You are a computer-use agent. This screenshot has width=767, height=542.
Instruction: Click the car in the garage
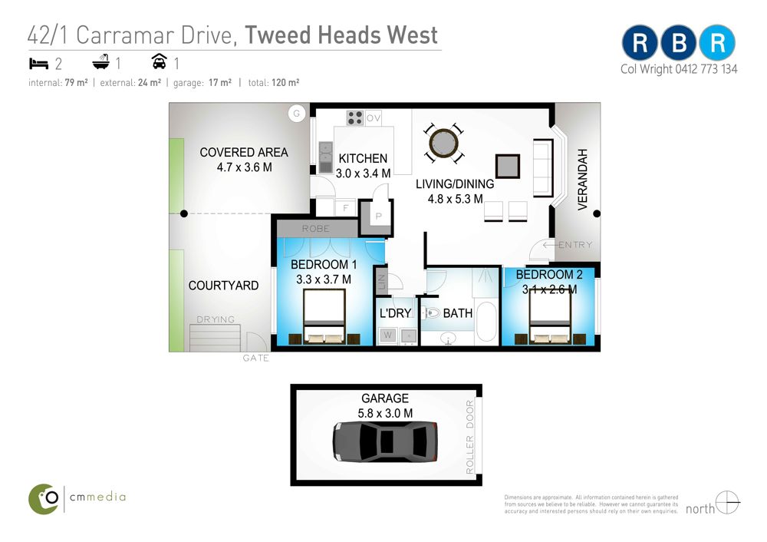385,441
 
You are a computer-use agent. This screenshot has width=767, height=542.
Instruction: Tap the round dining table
443,143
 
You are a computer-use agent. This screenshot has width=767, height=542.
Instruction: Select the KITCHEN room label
363,159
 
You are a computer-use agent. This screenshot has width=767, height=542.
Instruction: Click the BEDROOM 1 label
324,265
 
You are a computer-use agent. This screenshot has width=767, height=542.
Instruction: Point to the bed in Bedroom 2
550,316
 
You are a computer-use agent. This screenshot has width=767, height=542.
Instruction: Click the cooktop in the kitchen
355,118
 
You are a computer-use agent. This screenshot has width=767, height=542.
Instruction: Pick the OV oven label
374,118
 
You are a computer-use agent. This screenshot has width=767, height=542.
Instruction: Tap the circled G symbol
296,114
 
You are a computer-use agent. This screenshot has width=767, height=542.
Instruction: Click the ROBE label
315,229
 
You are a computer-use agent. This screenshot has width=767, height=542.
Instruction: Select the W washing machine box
388,335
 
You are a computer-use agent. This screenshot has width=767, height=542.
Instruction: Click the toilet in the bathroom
430,312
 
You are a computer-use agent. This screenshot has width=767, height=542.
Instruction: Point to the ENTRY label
575,245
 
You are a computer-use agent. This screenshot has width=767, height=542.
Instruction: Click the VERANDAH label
582,180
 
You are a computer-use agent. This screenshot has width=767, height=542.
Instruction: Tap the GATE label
256,359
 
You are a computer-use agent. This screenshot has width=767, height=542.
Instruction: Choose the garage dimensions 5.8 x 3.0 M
385,414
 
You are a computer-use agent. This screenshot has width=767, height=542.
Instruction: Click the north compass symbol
727,502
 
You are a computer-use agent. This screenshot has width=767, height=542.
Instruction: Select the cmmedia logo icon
44,499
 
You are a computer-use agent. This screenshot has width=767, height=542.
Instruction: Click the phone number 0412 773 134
706,70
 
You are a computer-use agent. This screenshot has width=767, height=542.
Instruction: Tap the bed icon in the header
38,64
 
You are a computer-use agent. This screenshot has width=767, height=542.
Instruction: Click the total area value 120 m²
285,83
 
